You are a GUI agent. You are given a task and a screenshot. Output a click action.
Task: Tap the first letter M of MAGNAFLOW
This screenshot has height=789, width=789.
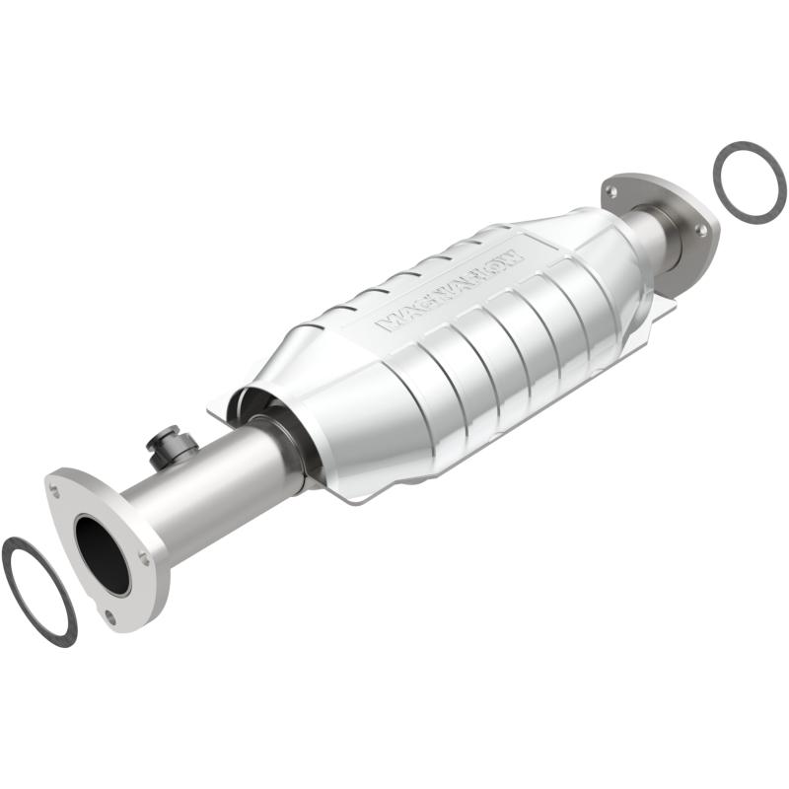[387, 322]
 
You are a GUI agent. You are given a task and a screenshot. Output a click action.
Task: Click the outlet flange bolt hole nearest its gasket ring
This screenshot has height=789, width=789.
[702, 229]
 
